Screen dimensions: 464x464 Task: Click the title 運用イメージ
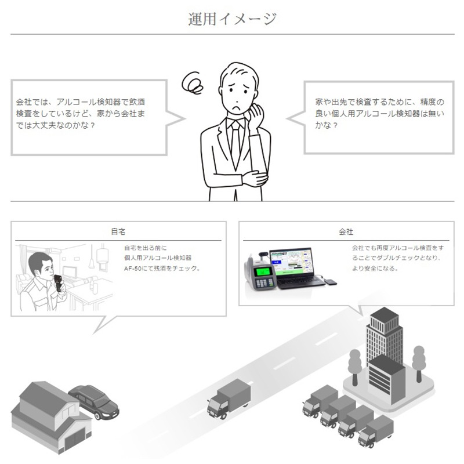tap(233, 19)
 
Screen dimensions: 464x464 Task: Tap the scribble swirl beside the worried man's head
tap(193, 82)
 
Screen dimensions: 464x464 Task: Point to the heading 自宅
tap(118, 231)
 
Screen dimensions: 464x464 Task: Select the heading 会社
tap(346, 231)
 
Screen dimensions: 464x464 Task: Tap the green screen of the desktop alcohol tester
tap(263, 271)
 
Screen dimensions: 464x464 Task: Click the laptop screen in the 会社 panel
tap(292, 263)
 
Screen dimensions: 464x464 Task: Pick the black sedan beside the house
tap(94, 402)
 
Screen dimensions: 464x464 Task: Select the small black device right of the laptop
tap(330, 281)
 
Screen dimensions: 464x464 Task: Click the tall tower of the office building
tap(385, 335)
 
